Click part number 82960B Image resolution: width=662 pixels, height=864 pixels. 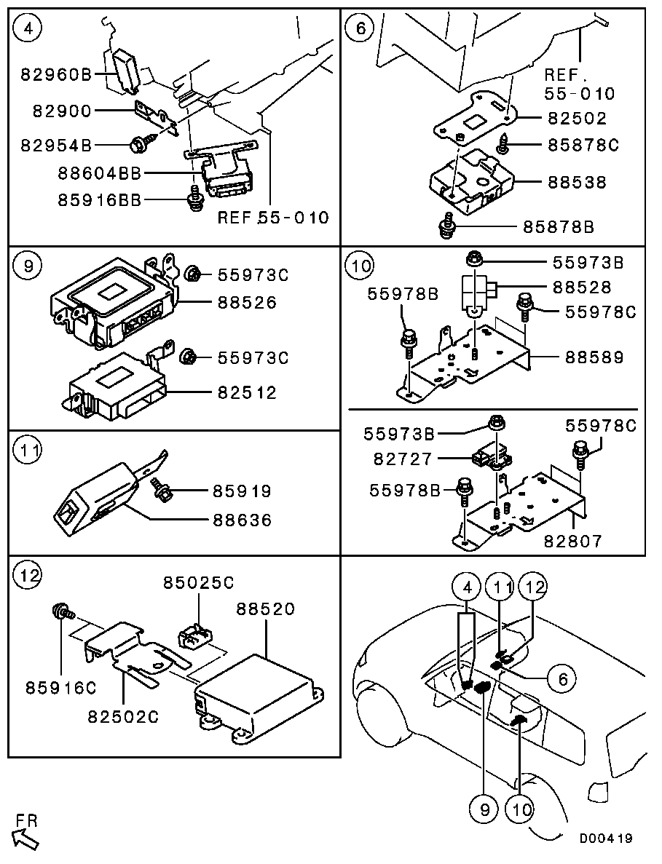(x=55, y=74)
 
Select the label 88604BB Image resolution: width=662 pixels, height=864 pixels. (x=100, y=173)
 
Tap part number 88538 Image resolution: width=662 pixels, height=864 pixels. (x=577, y=183)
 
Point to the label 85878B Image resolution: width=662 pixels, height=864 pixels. (x=559, y=227)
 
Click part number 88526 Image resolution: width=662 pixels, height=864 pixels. (x=247, y=303)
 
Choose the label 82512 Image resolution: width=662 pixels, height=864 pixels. (x=247, y=393)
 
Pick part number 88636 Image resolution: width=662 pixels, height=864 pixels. (x=243, y=520)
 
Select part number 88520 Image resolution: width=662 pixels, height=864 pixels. (x=267, y=609)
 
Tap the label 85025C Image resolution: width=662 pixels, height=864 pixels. (x=198, y=582)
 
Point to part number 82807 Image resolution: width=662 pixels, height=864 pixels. (x=573, y=541)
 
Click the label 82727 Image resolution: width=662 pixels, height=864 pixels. (x=403, y=459)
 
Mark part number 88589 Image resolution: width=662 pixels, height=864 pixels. (x=594, y=357)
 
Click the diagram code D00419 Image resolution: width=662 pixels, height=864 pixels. (x=606, y=839)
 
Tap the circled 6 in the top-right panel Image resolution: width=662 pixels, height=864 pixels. (x=360, y=28)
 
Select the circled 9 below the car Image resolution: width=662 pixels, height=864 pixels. (x=484, y=809)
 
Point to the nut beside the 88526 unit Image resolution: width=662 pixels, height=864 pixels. (x=192, y=273)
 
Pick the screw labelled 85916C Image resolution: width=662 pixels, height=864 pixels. (x=59, y=611)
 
